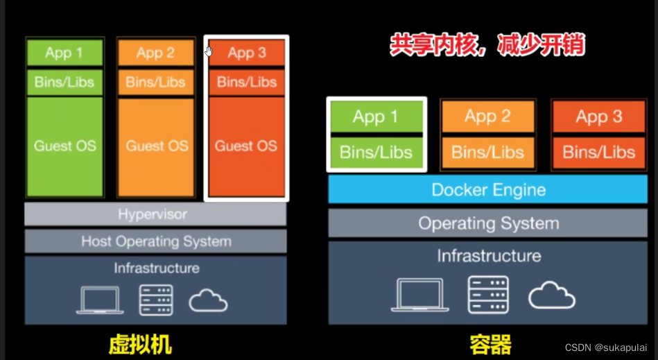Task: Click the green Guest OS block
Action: click(64, 146)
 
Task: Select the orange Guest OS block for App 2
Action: click(156, 146)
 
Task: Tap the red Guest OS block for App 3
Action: click(246, 146)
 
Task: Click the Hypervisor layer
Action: click(155, 214)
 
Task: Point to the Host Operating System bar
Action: click(155, 241)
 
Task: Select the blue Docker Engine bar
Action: click(488, 189)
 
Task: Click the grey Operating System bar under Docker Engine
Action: click(488, 223)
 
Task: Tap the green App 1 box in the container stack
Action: click(376, 117)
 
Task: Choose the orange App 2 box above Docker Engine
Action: click(487, 117)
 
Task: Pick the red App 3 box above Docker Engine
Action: click(598, 117)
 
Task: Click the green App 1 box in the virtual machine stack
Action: click(64, 53)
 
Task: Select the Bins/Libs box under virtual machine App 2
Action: click(156, 83)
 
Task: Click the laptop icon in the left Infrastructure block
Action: click(100, 300)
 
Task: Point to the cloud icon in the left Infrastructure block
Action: click(208, 301)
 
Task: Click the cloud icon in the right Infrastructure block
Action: click(551, 295)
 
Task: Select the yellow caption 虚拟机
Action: click(140, 344)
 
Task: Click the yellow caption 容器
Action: click(490, 344)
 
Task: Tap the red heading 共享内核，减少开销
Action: click(487, 46)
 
